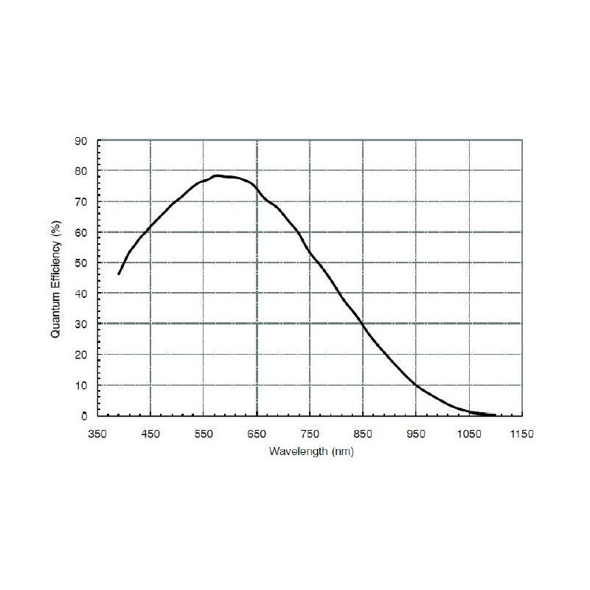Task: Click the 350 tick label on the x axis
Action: tap(98, 434)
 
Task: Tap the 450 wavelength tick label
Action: tap(151, 434)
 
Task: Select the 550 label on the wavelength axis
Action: tap(204, 434)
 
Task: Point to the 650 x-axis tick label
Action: tap(257, 434)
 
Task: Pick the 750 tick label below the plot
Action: tap(310, 434)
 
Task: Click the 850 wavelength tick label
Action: tap(364, 434)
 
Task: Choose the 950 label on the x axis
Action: tap(417, 434)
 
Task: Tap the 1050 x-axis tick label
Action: tap(469, 434)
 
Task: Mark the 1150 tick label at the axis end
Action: tap(522, 434)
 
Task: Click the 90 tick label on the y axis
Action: tap(83, 141)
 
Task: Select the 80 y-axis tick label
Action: tap(83, 171)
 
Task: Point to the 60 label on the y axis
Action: tap(83, 232)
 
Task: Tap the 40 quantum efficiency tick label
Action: tap(83, 294)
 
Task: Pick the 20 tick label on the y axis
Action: tap(83, 355)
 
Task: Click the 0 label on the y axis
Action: tap(86, 416)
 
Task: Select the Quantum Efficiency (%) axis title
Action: tap(55, 278)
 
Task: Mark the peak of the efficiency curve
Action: tap(217, 176)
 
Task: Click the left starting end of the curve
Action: tap(119, 274)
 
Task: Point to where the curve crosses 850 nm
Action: tap(363, 324)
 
